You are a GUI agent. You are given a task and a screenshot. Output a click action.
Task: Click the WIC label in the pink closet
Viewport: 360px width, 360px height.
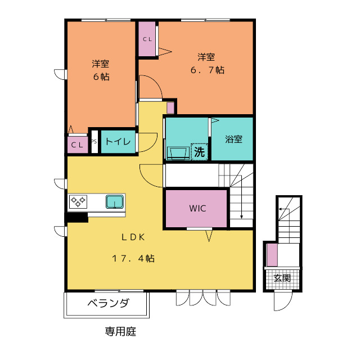197,208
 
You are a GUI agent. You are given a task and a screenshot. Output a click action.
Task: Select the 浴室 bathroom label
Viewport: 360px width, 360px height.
233,139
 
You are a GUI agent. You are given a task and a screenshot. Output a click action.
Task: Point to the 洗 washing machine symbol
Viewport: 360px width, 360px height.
199,151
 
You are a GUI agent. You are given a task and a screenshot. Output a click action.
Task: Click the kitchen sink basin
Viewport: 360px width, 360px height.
115,201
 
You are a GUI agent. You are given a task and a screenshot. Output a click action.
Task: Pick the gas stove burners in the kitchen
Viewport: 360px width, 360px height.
78,201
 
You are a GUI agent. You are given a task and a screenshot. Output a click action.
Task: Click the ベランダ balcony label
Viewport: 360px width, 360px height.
108,304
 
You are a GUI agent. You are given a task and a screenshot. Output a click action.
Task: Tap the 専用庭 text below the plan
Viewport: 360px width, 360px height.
120,331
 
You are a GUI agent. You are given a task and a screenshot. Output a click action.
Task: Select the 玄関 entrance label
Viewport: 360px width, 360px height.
282,278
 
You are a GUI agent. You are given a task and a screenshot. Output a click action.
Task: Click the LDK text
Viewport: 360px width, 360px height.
132,237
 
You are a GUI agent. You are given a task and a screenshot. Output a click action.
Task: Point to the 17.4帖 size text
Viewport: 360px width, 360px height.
133,259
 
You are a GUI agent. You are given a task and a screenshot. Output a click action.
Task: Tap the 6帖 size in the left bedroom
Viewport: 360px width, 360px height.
101,77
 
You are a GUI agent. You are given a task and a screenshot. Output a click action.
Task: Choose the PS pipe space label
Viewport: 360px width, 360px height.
94,142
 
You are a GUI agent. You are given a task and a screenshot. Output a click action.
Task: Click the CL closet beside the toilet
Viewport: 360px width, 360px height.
78,145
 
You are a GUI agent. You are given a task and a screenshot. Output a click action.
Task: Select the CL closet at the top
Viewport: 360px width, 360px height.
147,39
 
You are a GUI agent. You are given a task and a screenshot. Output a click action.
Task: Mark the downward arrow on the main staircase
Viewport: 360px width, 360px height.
241,214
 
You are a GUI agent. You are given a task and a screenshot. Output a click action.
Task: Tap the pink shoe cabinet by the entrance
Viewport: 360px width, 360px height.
272,254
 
